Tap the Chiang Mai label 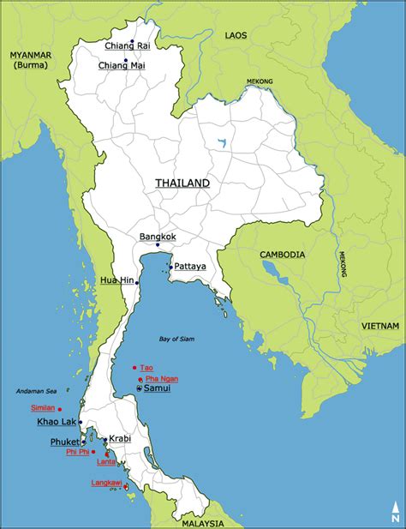point(125,65)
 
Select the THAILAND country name point(182,183)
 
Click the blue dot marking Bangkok point(158,245)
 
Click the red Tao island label point(148,368)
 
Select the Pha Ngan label point(162,378)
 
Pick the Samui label point(157,388)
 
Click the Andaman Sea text point(33,392)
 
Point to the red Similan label point(42,408)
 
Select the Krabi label point(120,438)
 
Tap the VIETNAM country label point(379,326)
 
